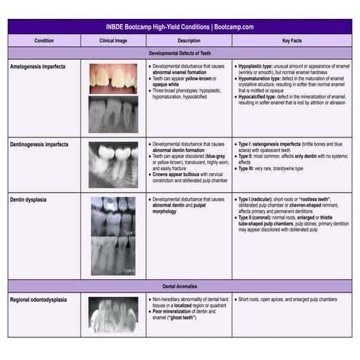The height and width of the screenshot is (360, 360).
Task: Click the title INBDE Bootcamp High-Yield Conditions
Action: (180, 26)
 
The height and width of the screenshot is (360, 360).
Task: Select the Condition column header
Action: (43, 41)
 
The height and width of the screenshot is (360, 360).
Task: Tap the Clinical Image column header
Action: (113, 41)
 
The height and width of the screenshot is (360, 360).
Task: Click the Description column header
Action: (188, 41)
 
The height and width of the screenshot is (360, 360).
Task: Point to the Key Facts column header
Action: (292, 41)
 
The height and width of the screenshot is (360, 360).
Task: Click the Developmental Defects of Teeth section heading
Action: (180, 53)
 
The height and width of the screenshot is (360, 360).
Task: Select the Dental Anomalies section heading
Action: (180, 286)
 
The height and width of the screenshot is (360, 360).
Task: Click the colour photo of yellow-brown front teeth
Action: (113, 78)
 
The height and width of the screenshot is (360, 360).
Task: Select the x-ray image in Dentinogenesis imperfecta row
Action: (113, 164)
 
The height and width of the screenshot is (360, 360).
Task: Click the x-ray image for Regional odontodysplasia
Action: (113, 315)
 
